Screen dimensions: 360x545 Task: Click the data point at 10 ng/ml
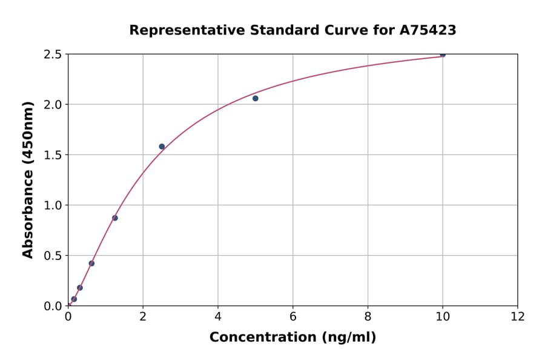pos(443,54)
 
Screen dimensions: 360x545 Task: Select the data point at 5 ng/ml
pos(256,98)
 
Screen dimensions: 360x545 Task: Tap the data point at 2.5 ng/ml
pos(162,147)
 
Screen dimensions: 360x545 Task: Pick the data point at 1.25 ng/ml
pos(115,218)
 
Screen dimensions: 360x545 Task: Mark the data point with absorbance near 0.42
pos(91,263)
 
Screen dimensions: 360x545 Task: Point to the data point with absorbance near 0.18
pos(80,288)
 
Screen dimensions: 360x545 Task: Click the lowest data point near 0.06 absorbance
pos(74,299)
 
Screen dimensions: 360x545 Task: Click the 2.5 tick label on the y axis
pos(53,55)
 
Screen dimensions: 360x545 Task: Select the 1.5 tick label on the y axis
pos(53,155)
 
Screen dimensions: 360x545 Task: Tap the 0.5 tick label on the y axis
pos(53,256)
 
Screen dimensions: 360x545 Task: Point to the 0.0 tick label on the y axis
pos(53,306)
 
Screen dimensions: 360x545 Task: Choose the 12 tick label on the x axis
pos(518,316)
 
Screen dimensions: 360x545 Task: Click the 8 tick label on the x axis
pos(368,316)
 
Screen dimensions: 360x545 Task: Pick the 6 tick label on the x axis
pos(292,316)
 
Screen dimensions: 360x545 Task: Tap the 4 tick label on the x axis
pos(218,316)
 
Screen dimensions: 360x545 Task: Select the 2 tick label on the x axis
pos(143,316)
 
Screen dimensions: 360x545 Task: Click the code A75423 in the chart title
pos(427,30)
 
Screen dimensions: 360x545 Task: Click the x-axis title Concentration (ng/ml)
pos(292,338)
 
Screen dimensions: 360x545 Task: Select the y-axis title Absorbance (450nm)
pos(28,179)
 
